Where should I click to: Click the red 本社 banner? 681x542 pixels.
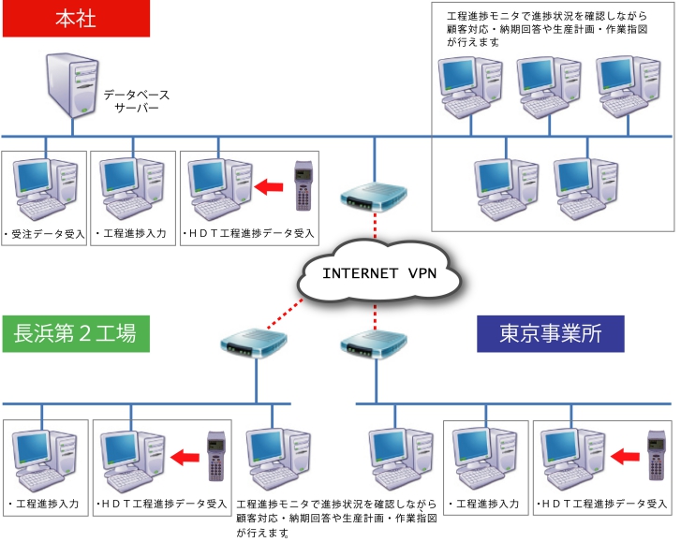point(77,18)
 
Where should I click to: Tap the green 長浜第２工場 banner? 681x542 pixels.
point(77,333)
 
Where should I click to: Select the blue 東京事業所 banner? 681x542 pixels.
point(551,333)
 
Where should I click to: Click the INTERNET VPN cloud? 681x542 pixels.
point(379,272)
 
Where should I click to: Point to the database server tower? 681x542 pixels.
point(72,85)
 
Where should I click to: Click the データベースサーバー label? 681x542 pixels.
point(137,101)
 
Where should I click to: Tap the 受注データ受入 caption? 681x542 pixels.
point(44,234)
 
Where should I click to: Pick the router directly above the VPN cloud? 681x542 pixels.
point(374,198)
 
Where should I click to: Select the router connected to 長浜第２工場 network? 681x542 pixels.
point(254,344)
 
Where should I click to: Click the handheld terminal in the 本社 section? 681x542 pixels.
point(303,186)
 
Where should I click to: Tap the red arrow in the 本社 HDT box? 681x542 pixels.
point(269,187)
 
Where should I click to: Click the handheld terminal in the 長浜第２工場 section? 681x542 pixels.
point(216,456)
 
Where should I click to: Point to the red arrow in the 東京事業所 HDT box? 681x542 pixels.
point(625,457)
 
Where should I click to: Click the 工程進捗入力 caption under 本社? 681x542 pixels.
point(131,233)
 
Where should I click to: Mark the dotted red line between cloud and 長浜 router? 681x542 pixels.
point(285,315)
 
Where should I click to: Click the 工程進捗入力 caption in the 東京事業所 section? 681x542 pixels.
point(484,504)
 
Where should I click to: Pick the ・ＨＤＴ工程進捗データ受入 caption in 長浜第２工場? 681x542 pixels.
point(161,504)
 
